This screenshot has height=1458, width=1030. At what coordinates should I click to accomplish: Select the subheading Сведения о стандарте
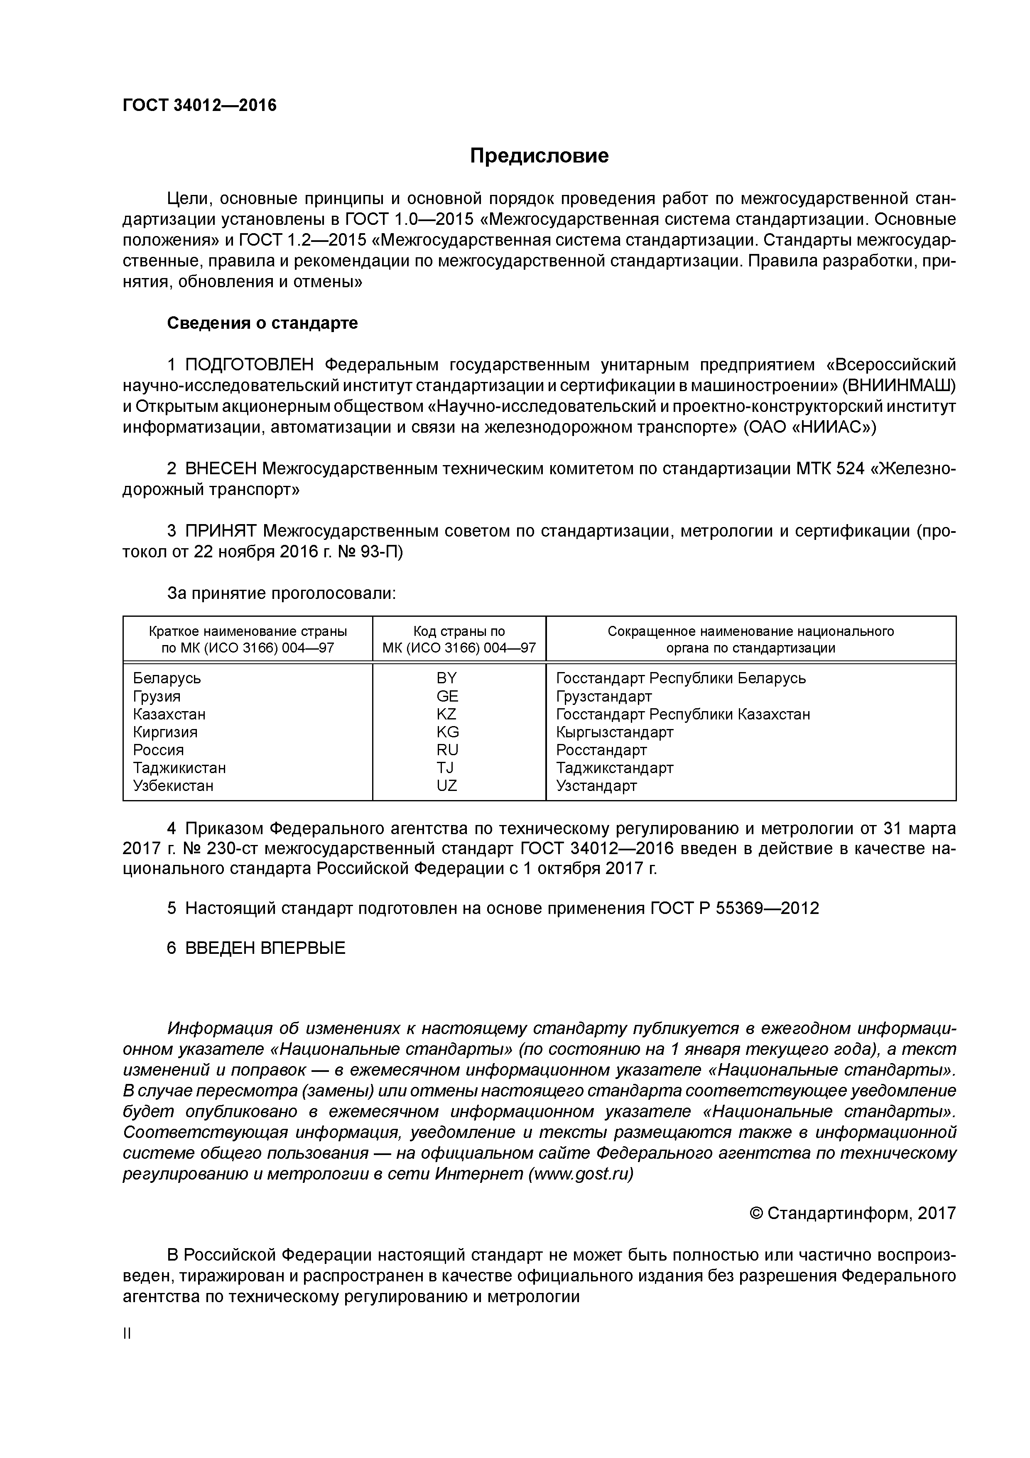(x=262, y=323)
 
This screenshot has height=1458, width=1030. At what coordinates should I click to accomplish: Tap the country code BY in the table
(x=446, y=678)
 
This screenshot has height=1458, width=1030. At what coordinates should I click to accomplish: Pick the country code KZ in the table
(x=446, y=714)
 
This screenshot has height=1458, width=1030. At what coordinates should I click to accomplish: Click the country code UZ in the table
(x=446, y=786)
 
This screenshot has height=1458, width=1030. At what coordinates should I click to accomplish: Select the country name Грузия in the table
(x=156, y=697)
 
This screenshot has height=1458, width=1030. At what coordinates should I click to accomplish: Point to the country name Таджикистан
(x=179, y=768)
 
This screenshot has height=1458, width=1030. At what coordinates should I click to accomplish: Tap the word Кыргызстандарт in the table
(x=614, y=732)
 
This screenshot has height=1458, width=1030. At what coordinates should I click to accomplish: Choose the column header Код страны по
(x=459, y=631)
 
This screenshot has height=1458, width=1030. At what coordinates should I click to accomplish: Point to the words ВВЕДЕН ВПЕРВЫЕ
(x=265, y=948)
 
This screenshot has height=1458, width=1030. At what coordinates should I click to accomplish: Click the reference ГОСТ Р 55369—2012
(x=734, y=908)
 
